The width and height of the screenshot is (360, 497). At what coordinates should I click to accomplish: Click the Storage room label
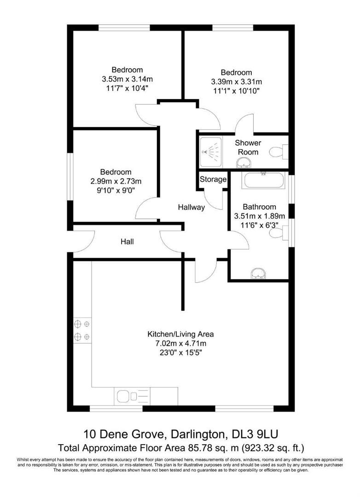click(x=213, y=179)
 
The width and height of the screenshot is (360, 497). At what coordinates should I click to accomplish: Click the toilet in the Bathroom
click(x=278, y=234)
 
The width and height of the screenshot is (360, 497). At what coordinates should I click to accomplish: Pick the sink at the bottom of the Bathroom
click(x=258, y=274)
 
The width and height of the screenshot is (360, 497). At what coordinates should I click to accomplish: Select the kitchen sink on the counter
click(x=124, y=395)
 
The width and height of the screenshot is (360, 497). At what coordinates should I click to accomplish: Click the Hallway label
click(x=192, y=208)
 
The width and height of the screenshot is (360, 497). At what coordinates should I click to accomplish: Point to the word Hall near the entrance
click(x=127, y=241)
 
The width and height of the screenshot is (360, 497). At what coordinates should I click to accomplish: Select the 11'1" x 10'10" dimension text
click(x=237, y=91)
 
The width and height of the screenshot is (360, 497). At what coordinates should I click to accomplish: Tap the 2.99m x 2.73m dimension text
click(x=116, y=181)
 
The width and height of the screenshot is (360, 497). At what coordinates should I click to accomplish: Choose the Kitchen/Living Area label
click(x=180, y=335)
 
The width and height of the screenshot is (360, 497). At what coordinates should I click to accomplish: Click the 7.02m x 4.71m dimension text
click(x=180, y=344)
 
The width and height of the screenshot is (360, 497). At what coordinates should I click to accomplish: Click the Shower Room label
click(x=248, y=147)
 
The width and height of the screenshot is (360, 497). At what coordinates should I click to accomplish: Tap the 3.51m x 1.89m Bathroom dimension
click(x=260, y=216)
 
